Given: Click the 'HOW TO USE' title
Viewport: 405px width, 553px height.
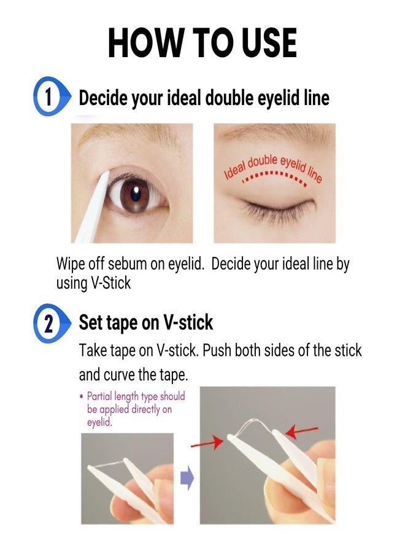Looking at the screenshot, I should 202,43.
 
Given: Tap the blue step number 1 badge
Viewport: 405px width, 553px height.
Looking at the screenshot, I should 48,97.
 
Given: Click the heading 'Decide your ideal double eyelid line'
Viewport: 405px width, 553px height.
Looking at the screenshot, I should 204,98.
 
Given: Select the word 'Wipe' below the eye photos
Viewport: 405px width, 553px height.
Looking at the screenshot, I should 69,264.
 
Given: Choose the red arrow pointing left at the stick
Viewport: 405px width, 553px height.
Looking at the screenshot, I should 303,432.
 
